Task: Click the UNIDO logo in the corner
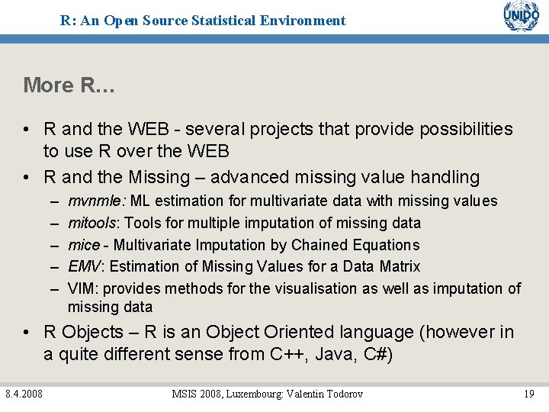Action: click(521, 17)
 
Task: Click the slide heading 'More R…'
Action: click(69, 85)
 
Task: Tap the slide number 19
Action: click(528, 394)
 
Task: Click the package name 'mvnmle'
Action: click(98, 201)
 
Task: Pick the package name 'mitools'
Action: click(92, 223)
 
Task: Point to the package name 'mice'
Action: click(83, 245)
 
